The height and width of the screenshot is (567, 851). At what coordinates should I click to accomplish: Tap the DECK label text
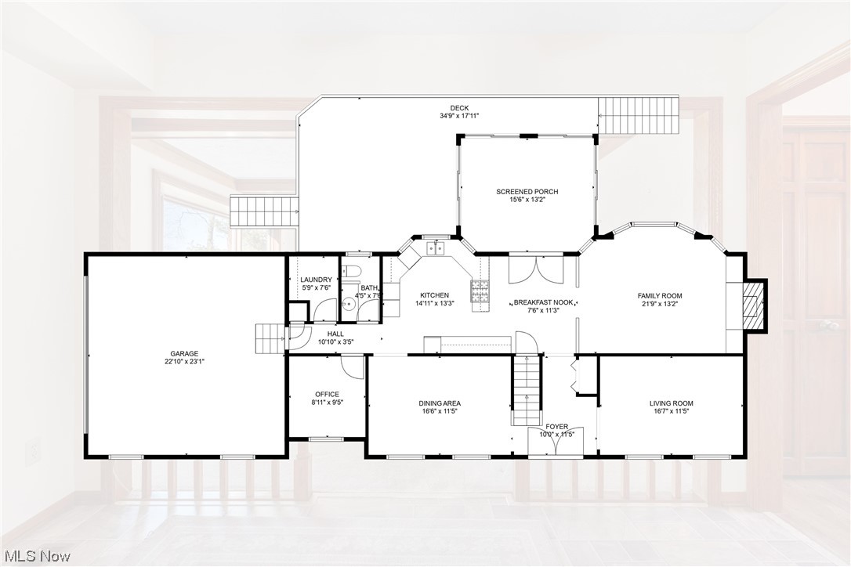[x=458, y=107]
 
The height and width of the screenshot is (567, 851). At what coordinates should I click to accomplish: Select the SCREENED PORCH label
[x=527, y=191]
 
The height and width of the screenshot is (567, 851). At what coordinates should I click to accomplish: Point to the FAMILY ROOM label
[x=659, y=295]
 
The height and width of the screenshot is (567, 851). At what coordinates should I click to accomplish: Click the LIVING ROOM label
[x=671, y=403]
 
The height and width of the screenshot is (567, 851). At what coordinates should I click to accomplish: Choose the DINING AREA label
[x=439, y=403]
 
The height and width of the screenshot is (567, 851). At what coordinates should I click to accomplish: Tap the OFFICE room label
[x=327, y=394]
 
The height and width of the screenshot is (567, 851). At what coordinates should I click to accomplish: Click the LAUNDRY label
[x=316, y=280]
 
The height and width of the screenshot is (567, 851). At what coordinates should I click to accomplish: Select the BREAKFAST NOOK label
[x=542, y=302]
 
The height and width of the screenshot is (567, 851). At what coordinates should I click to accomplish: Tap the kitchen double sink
[x=435, y=249]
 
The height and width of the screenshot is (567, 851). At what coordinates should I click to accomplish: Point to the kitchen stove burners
[x=479, y=291]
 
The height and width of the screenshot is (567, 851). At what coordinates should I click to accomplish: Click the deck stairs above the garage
[x=264, y=210]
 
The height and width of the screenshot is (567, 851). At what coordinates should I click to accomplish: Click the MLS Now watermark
[x=36, y=556]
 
